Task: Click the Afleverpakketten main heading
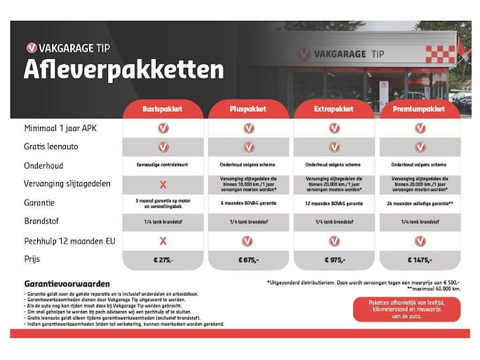click(124, 70)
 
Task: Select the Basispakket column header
click(163, 109)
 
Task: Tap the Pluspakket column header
click(248, 109)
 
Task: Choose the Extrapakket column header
click(334, 109)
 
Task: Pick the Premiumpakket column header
click(419, 109)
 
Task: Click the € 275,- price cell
click(163, 259)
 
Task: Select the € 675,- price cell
click(248, 259)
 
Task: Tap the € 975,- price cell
click(334, 259)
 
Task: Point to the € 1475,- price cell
click(419, 259)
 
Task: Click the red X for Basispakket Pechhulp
click(163, 240)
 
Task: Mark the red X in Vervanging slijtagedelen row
click(163, 185)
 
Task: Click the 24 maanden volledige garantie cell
click(419, 203)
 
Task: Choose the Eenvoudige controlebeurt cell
click(163, 165)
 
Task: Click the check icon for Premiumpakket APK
click(419, 128)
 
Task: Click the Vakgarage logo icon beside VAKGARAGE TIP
click(32, 48)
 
